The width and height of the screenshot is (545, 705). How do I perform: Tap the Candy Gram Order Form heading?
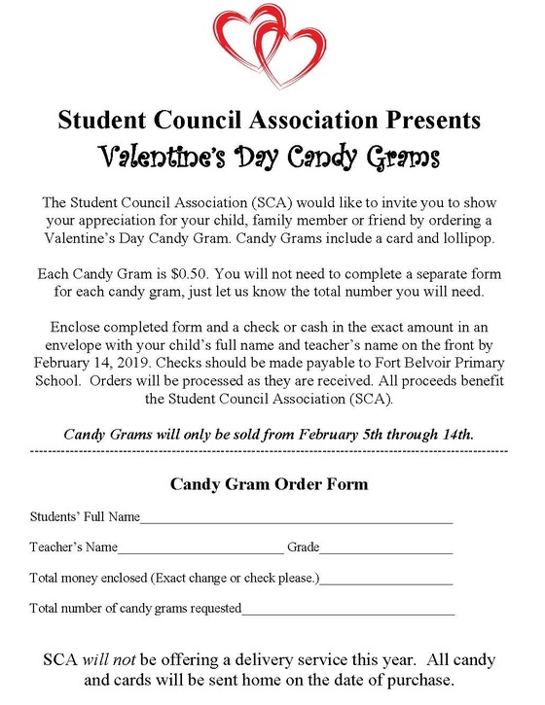pos(269,483)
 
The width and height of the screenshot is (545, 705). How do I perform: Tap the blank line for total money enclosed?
pos(386,582)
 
